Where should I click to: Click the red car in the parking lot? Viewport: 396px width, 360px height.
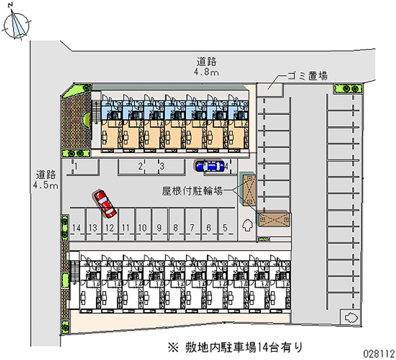pyautogui.click(x=105, y=204)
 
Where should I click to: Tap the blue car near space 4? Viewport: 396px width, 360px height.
pyautogui.click(x=209, y=166)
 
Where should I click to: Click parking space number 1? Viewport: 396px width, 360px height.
pyautogui.click(x=77, y=166)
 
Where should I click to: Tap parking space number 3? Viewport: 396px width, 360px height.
pyautogui.click(x=161, y=166)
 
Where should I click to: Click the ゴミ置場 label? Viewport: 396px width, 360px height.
pyautogui.click(x=308, y=76)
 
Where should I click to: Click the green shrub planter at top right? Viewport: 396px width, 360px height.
pyautogui.click(x=348, y=89)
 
